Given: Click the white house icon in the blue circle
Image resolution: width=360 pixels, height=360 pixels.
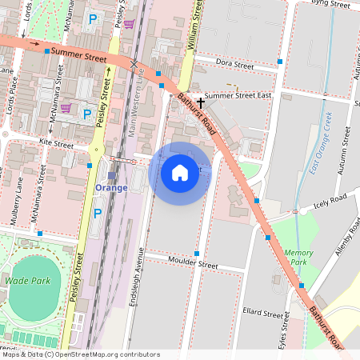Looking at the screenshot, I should click(180, 172).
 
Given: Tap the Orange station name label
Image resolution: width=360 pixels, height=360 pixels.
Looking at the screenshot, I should click(111, 188).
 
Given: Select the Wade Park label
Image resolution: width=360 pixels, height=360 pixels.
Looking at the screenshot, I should click(27, 281).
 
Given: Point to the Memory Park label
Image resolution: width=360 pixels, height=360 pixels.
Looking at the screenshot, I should click(298, 258).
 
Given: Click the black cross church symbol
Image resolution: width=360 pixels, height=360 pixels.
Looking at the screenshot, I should click(201, 102).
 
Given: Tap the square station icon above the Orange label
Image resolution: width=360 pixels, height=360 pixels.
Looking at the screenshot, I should click(111, 175).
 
